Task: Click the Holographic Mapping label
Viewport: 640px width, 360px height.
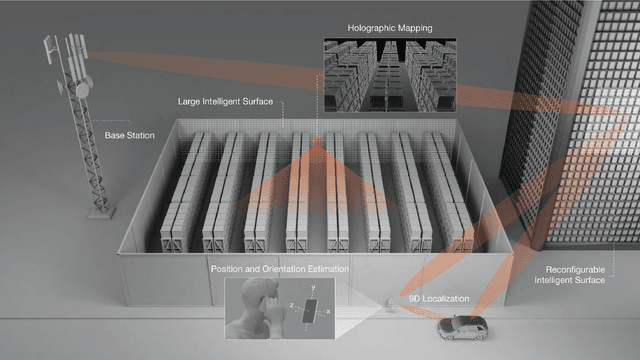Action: pyautogui.click(x=390, y=28)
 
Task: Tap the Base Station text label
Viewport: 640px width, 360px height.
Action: pyautogui.click(x=129, y=136)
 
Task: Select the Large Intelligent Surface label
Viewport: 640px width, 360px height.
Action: pyautogui.click(x=225, y=102)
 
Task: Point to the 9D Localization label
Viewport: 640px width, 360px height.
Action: pyautogui.click(x=439, y=299)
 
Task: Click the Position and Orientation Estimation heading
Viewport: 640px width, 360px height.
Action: pyautogui.click(x=280, y=269)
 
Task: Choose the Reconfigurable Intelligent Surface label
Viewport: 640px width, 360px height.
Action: pyautogui.click(x=570, y=275)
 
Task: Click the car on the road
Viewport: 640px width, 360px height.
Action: pyautogui.click(x=462, y=327)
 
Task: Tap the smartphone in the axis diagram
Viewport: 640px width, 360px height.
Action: pyautogui.click(x=310, y=311)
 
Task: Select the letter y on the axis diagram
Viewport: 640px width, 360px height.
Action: pyautogui.click(x=313, y=287)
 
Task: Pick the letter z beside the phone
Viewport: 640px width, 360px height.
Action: pyautogui.click(x=292, y=305)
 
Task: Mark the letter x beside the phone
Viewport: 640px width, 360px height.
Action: pyautogui.click(x=328, y=311)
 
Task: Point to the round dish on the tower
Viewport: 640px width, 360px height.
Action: pyautogui.click(x=82, y=90)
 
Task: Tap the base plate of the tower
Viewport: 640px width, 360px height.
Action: pyautogui.click(x=102, y=213)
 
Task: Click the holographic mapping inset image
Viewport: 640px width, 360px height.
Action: pyautogui.click(x=390, y=75)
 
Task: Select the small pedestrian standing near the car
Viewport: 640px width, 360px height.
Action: pyautogui.click(x=390, y=305)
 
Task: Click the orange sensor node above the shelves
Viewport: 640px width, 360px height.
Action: pyautogui.click(x=317, y=142)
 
